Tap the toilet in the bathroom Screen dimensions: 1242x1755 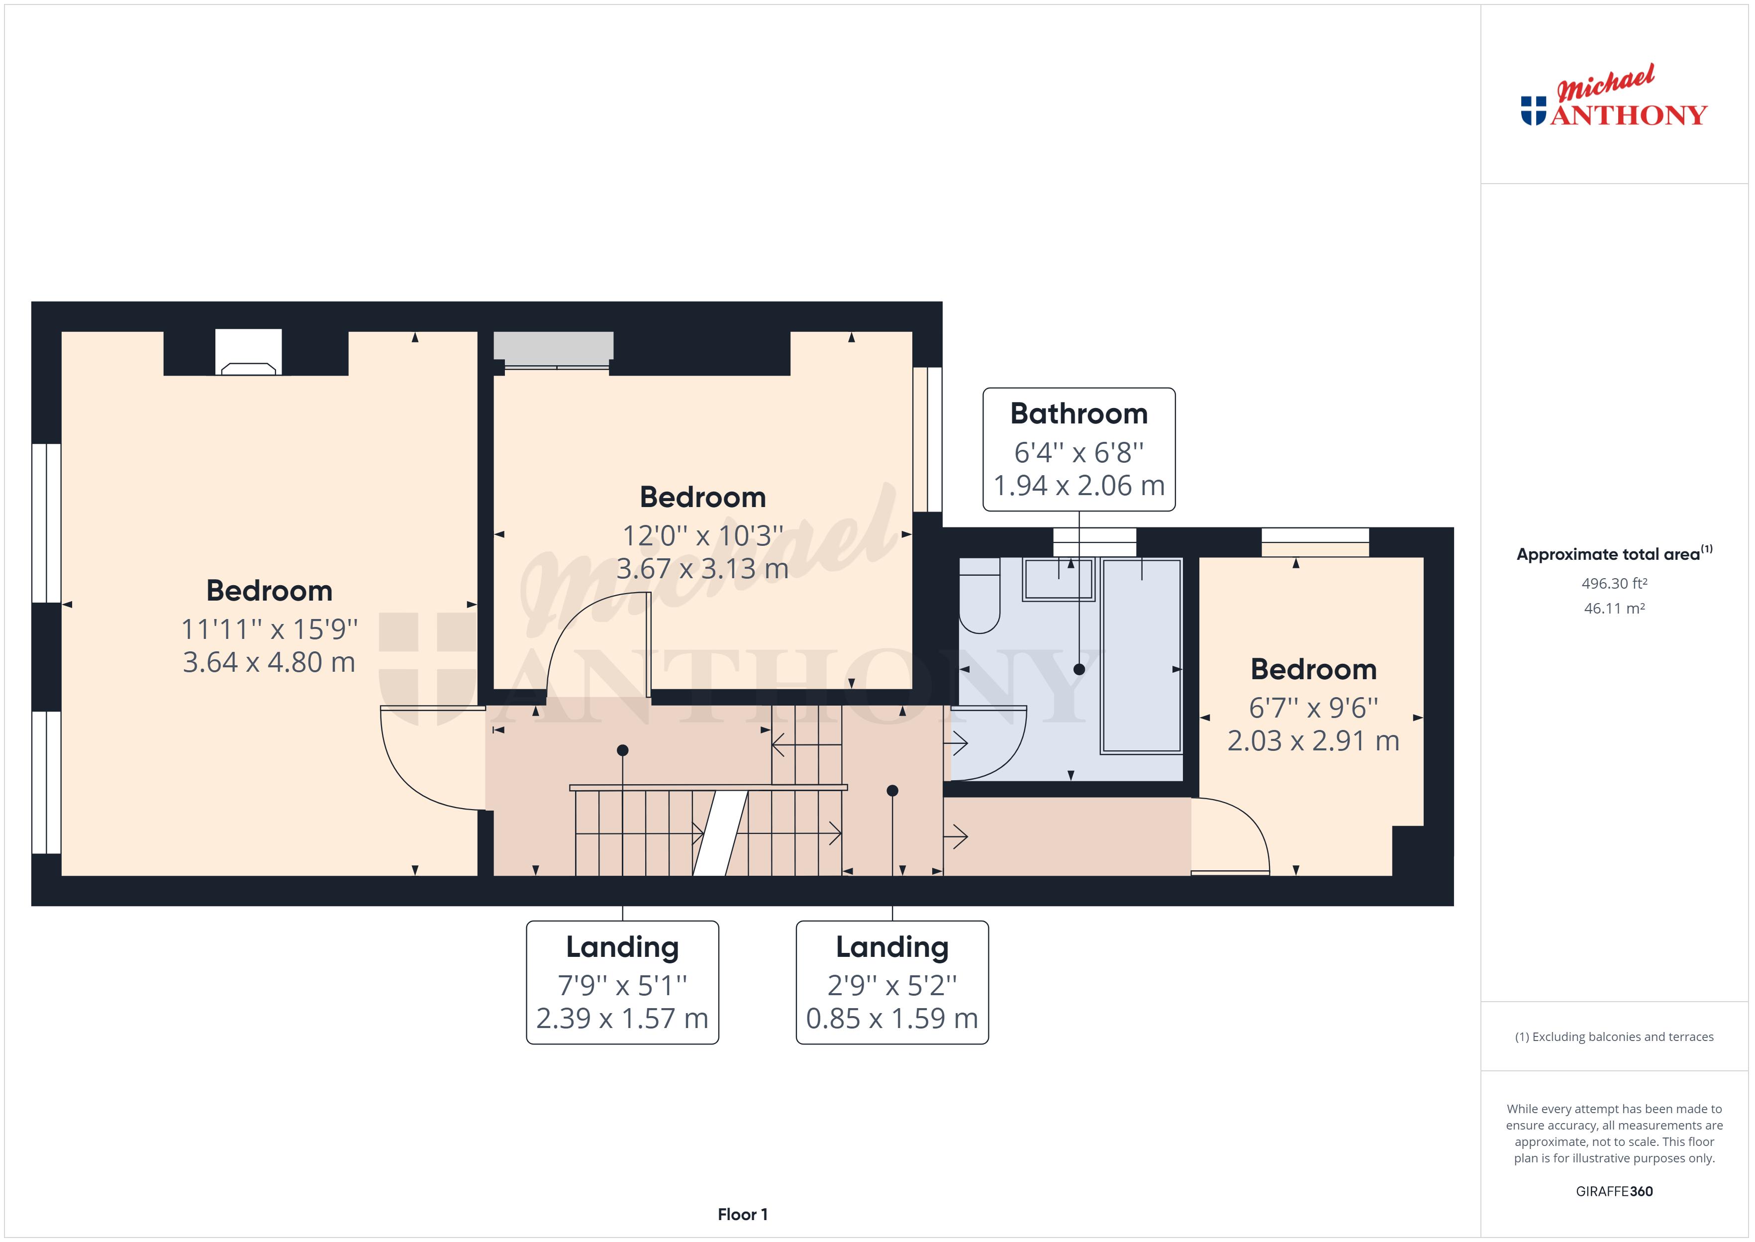[979, 597]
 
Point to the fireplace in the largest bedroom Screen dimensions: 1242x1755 [248, 353]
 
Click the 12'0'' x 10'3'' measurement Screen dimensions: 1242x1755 [702, 536]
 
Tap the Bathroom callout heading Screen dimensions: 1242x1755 [1078, 414]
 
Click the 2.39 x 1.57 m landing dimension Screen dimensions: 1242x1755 [622, 1019]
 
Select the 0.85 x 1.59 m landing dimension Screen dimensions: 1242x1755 [892, 1019]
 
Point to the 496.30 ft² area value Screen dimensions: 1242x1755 [1614, 584]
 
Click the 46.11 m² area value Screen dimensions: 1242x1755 [1614, 609]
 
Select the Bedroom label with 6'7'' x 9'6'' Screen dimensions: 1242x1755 [1313, 670]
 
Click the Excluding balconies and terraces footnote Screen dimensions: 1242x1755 [1614, 1037]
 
